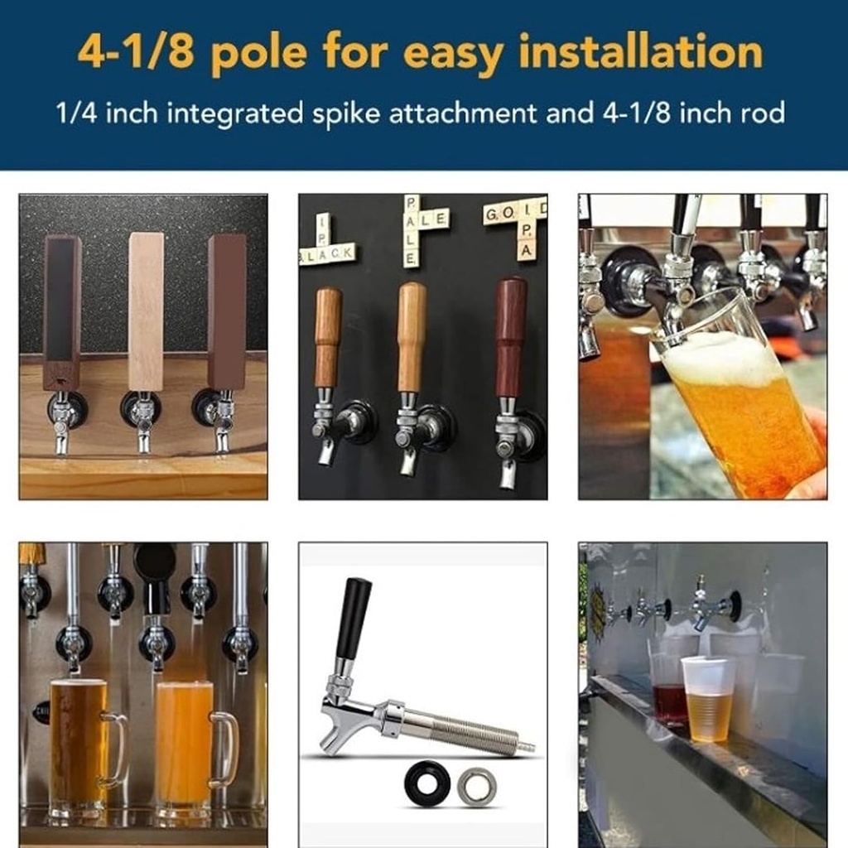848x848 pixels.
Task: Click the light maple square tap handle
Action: [146, 311]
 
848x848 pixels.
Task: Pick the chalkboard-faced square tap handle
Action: [62, 311]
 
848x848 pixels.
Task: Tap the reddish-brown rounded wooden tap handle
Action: [511, 337]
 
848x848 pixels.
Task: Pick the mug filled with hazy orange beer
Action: [185, 745]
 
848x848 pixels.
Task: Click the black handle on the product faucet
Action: [353, 617]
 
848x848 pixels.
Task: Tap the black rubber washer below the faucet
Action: [427, 783]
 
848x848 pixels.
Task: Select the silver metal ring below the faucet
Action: [477, 786]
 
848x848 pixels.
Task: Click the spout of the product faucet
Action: [335, 733]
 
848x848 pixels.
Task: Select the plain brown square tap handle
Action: [226, 311]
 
